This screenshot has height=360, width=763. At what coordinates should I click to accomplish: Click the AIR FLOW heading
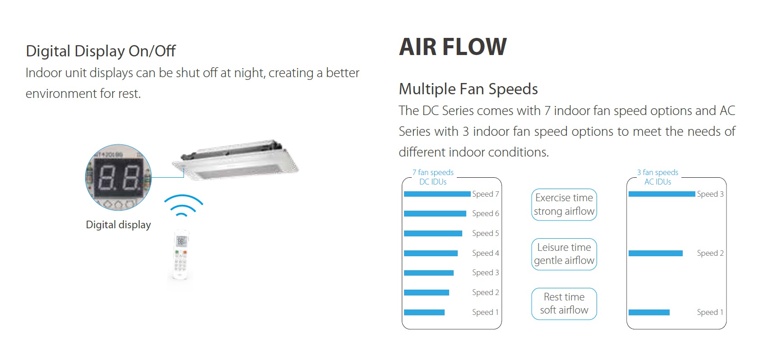[x=453, y=47]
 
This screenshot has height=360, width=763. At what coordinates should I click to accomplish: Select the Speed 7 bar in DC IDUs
[x=437, y=194]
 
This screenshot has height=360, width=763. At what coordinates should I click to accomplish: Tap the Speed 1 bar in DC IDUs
[x=424, y=312]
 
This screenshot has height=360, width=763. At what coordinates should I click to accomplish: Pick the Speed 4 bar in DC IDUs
[x=431, y=253]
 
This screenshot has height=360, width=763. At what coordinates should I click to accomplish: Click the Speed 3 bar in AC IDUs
[x=662, y=194]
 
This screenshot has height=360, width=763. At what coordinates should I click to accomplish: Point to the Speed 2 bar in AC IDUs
[x=655, y=253]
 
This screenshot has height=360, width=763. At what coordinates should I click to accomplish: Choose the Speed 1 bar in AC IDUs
[x=649, y=312]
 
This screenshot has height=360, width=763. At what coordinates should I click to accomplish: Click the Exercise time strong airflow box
[x=564, y=204]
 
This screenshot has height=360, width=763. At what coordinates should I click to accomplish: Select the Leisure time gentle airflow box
[x=564, y=254]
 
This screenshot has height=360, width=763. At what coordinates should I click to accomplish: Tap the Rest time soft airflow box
[x=564, y=304]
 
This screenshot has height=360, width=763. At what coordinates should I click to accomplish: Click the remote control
[x=181, y=254]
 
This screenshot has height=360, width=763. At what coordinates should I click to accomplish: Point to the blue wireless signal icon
[x=183, y=205]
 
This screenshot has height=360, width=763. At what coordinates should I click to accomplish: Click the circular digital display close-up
[x=118, y=177]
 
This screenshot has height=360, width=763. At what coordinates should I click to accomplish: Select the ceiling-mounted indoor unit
[x=235, y=160]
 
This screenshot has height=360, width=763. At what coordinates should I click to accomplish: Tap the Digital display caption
[x=118, y=225]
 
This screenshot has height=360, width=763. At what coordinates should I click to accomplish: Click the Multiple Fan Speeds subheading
[x=468, y=89]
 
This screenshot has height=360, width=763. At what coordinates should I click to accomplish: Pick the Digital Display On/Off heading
[x=101, y=51]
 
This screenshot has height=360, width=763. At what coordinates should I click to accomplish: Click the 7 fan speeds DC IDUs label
[x=433, y=177]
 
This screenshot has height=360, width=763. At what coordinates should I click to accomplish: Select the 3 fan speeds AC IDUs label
[x=658, y=177]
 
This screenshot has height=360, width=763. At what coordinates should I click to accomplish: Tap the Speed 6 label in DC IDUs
[x=485, y=213]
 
